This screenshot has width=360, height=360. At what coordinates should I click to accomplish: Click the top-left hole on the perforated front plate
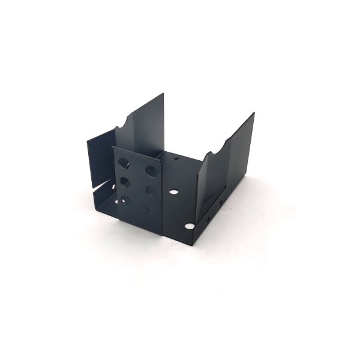[x=124, y=161]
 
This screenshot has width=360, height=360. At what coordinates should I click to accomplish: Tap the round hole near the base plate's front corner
[x=190, y=227]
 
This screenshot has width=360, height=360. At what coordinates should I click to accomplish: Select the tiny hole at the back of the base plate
[x=175, y=160]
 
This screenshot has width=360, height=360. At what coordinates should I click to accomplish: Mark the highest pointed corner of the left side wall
[x=163, y=93]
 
